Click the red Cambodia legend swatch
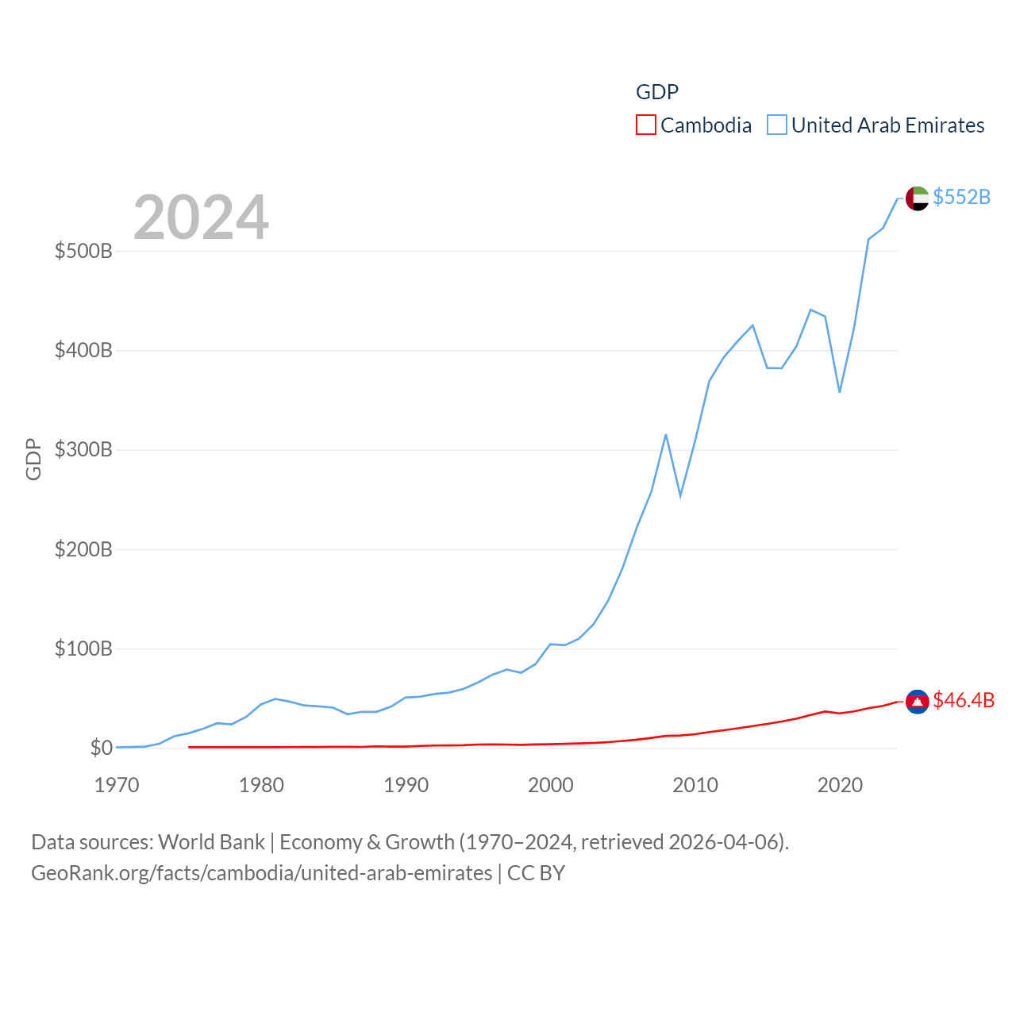(646, 125)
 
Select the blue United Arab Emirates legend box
(777, 125)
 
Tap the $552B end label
(961, 197)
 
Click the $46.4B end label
(964, 700)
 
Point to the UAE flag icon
(918, 198)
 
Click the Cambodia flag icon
(918, 702)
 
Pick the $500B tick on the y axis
(83, 252)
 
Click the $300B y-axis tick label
(83, 450)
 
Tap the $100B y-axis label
(83, 649)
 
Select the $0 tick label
(101, 749)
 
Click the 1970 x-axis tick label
(117, 786)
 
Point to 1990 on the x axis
(406, 786)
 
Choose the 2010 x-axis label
(695, 786)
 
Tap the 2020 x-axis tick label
(840, 786)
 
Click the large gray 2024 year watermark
(201, 217)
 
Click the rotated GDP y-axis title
(33, 459)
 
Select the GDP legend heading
(657, 92)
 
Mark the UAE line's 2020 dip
(839, 391)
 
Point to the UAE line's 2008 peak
(666, 435)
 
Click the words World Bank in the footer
(211, 842)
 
